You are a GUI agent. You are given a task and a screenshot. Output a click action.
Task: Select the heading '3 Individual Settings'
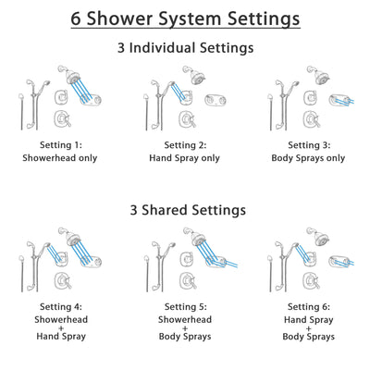point(185,48)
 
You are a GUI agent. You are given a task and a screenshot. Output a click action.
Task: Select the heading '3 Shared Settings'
point(185,210)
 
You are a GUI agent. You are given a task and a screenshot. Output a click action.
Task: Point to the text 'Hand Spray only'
point(185,158)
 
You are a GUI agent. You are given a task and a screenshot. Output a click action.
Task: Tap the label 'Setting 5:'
point(185,309)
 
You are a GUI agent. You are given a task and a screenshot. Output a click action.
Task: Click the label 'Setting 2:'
point(185,145)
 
